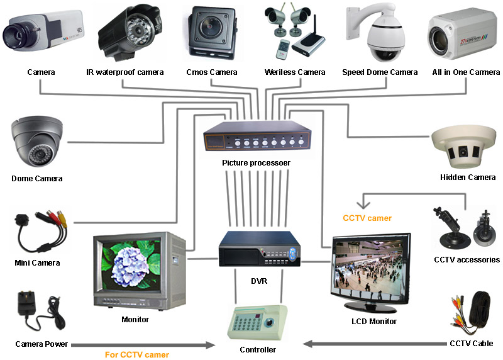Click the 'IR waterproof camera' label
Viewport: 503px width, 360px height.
[125, 72]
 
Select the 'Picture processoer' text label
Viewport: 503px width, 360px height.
[257, 163]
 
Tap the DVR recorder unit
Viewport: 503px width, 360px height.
[257, 252]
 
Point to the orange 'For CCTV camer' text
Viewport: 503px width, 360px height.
[136, 355]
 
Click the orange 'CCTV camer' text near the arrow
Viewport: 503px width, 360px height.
[367, 218]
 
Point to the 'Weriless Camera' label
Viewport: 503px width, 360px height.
[295, 72]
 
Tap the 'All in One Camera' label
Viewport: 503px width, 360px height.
[466, 72]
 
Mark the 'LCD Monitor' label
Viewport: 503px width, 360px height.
[373, 322]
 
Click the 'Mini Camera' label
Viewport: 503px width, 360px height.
[37, 262]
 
